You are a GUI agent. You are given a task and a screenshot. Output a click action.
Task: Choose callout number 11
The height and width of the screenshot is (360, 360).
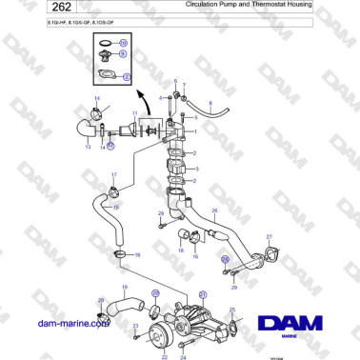(x=134, y=113)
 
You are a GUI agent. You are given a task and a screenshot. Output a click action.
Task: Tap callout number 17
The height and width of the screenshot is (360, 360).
(x=113, y=175)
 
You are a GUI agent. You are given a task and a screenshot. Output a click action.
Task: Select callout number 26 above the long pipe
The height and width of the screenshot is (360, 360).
(x=215, y=210)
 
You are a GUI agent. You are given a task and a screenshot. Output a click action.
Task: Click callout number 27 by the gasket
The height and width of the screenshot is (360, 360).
(x=269, y=235)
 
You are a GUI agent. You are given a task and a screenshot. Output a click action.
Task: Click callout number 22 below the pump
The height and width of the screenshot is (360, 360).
(x=164, y=356)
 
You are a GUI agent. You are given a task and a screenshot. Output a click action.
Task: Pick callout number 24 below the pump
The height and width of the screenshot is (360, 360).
(x=183, y=356)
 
